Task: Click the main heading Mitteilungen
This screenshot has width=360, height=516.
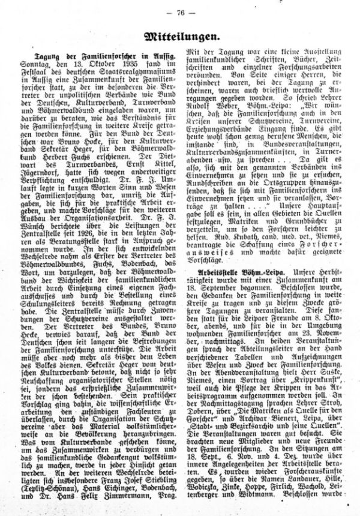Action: coord(179,37)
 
